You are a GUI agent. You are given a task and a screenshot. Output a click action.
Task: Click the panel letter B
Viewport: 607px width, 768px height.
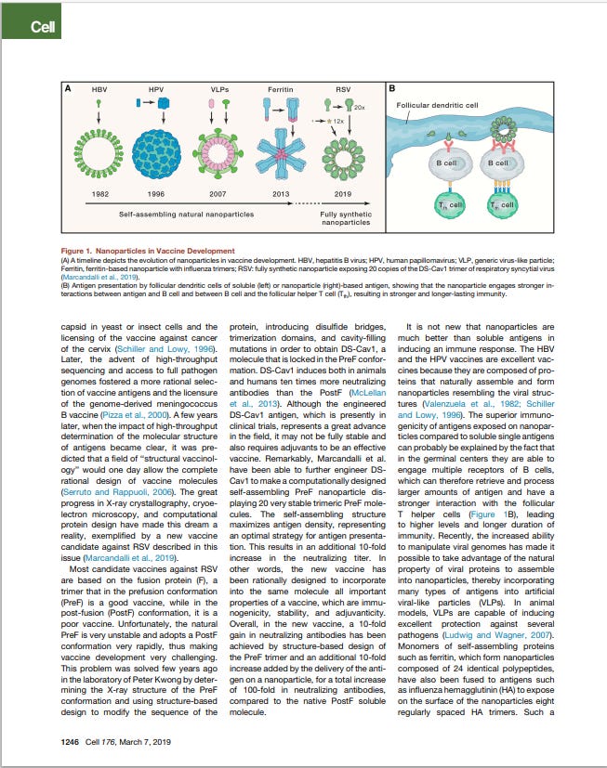(392, 89)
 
